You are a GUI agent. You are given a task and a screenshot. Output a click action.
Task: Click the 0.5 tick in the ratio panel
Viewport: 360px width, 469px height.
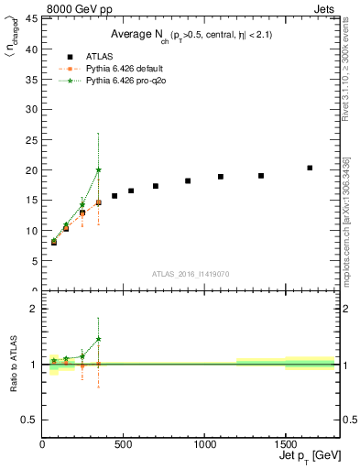(x=32, y=420)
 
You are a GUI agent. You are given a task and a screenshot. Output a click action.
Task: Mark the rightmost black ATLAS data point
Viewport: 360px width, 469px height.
(x=310, y=168)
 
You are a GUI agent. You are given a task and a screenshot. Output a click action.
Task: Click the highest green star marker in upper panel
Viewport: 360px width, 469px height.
(x=98, y=169)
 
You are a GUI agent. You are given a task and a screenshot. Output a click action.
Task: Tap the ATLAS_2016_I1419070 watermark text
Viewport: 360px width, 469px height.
(x=190, y=273)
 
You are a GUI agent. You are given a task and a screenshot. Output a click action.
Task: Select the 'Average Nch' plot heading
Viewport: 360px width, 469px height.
(x=191, y=35)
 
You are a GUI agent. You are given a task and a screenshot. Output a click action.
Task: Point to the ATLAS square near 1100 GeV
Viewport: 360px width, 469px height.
(x=221, y=177)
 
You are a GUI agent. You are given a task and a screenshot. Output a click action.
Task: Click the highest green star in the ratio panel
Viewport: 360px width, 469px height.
(x=98, y=339)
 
